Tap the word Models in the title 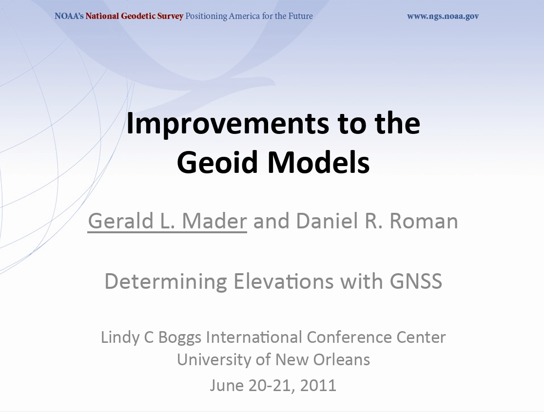pos(319,163)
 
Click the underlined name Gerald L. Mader pos(167,222)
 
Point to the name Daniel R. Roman pos(377,222)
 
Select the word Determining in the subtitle pos(166,281)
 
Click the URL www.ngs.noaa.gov pos(443,16)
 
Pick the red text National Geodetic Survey pos(134,16)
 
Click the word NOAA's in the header pos(69,16)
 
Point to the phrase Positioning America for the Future pos(249,16)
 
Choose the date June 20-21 pos(252,385)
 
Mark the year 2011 pos(318,385)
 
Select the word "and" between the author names pos(272,222)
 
